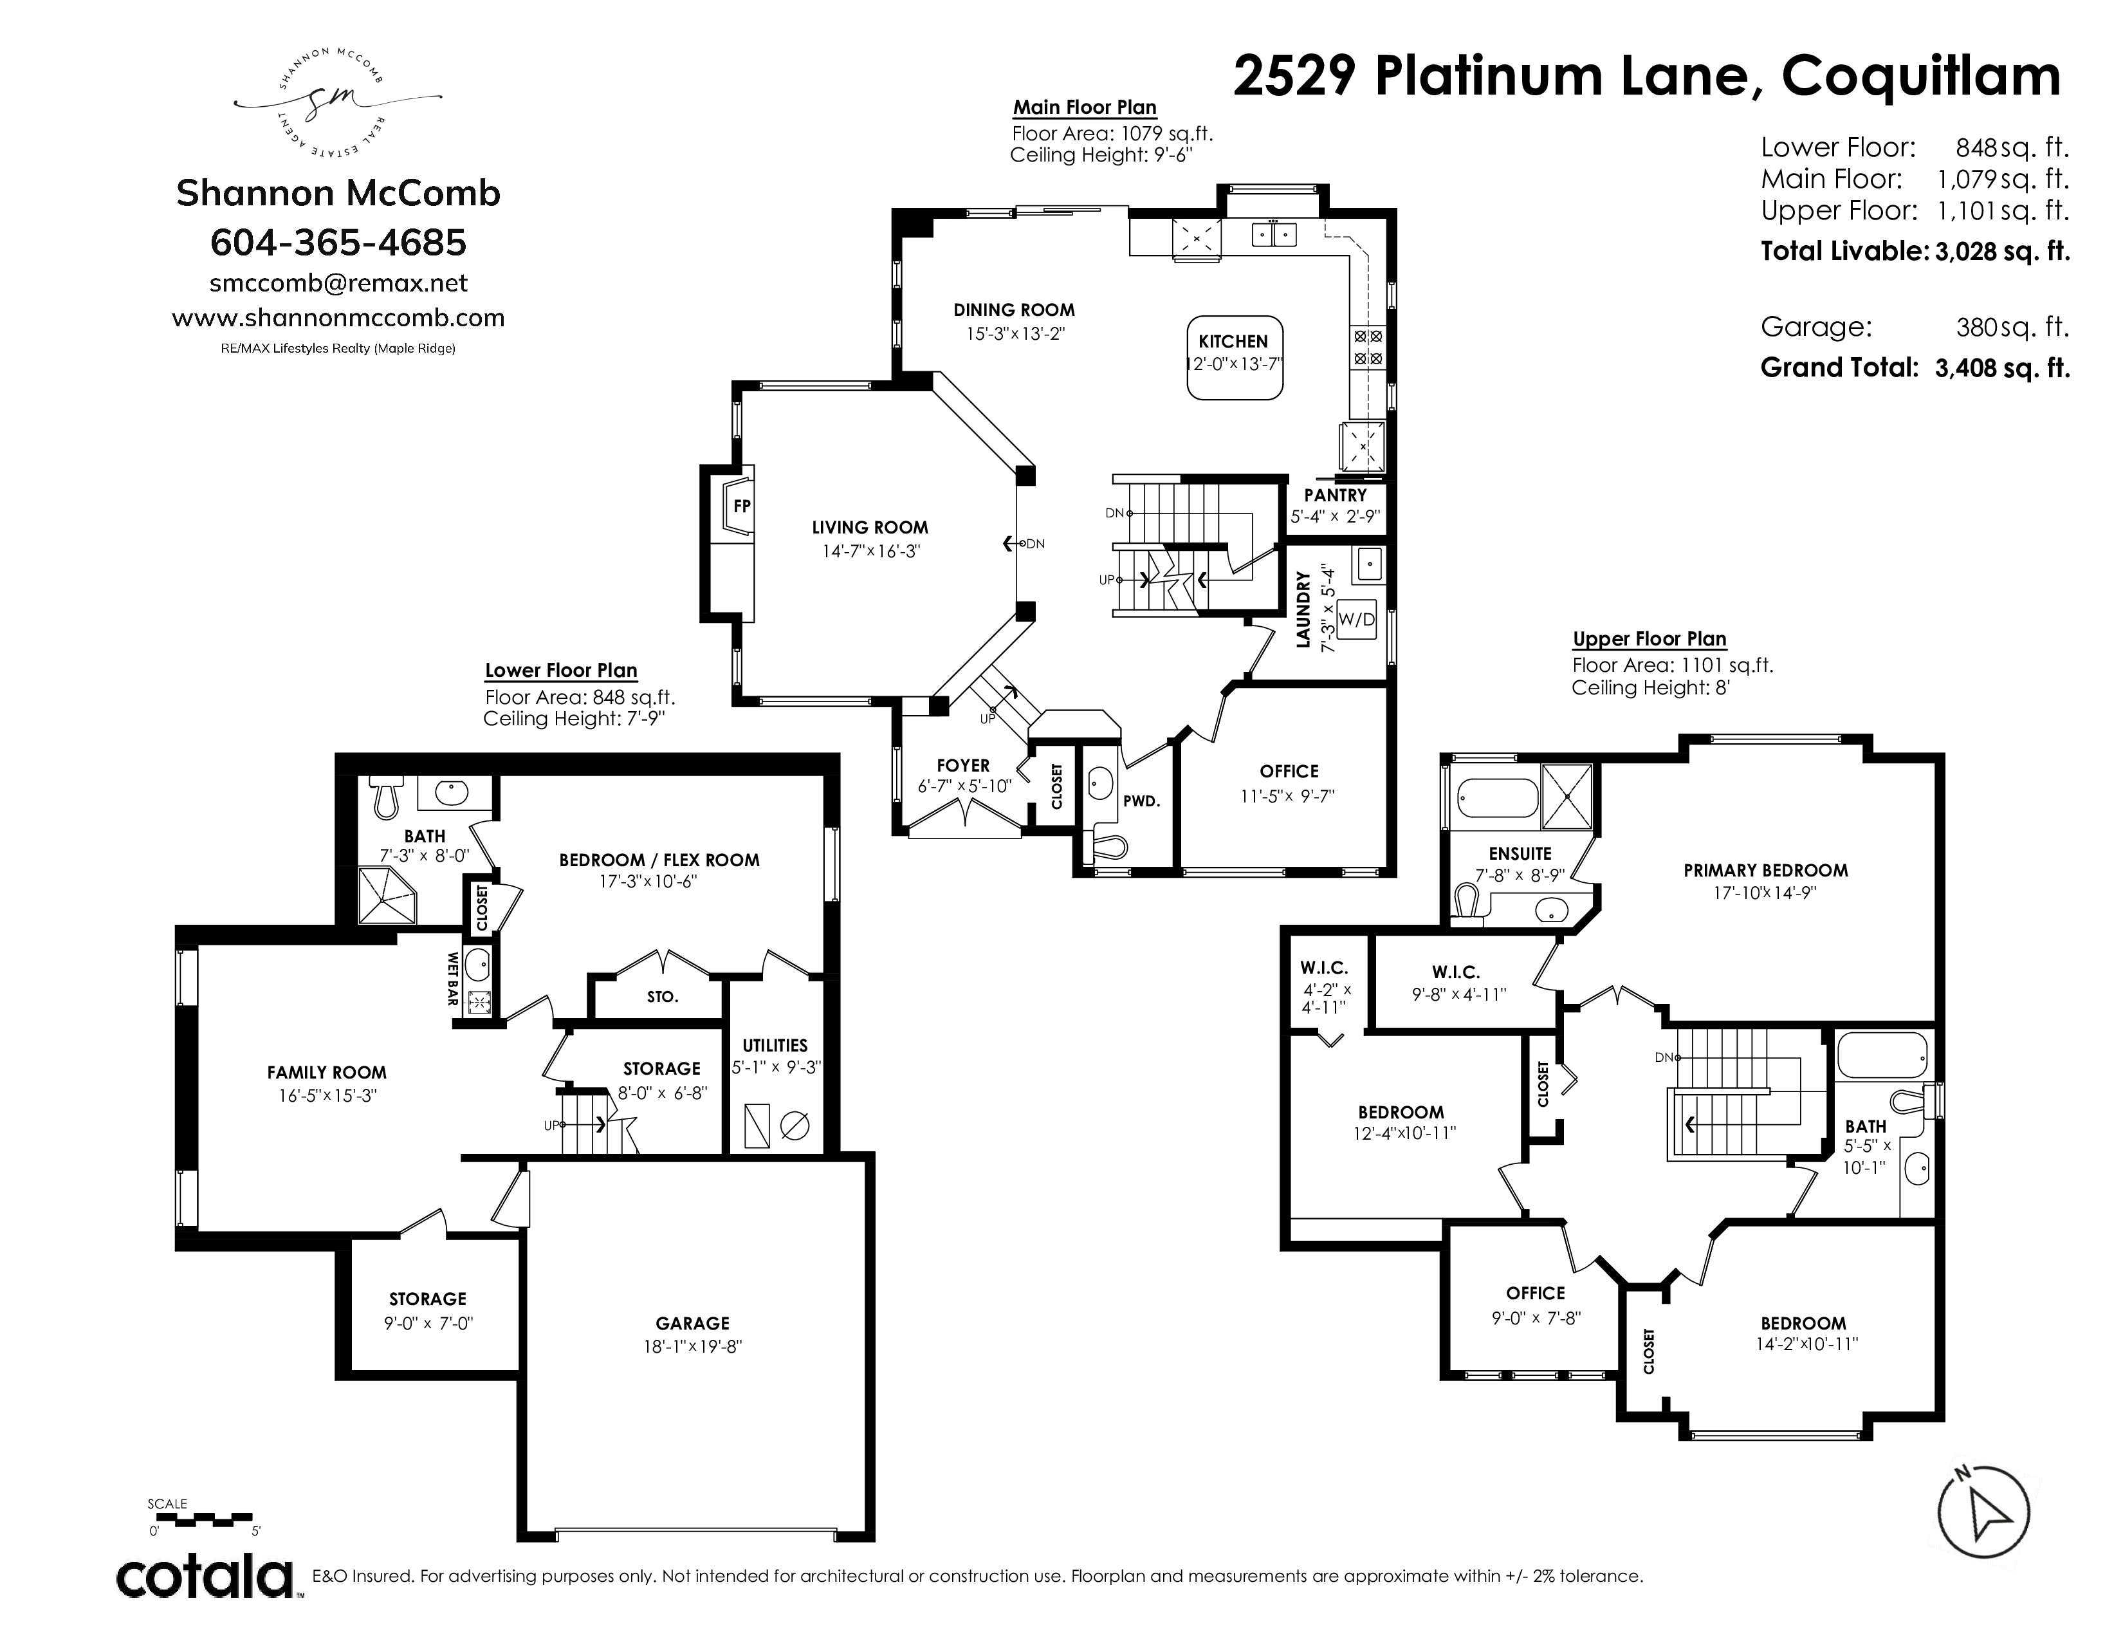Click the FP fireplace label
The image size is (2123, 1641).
click(742, 506)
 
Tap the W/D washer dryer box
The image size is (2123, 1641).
click(1357, 618)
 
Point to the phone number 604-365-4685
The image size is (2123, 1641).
click(338, 242)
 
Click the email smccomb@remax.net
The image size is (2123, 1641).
click(338, 283)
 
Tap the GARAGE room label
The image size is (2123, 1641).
click(692, 1323)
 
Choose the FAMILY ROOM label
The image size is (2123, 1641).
click(327, 1072)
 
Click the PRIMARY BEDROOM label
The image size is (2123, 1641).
click(1765, 870)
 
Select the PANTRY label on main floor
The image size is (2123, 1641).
click(1335, 496)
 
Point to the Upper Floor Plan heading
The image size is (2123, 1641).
click(1650, 639)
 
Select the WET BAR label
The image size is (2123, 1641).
click(453, 978)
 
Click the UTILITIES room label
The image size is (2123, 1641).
click(775, 1045)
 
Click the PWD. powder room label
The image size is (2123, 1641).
click(1142, 802)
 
